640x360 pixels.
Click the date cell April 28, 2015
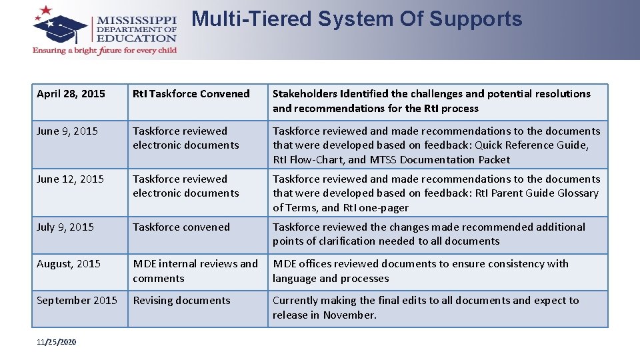point(71,94)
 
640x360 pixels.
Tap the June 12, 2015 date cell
point(70,179)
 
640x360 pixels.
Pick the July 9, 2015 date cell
point(65,227)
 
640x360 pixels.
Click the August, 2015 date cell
point(69,264)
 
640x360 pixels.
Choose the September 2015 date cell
point(77,301)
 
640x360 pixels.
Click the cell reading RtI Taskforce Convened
point(191,94)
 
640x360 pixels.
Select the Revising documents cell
point(181,301)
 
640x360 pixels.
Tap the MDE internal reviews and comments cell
point(195,271)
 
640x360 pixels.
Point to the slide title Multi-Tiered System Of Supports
point(357,19)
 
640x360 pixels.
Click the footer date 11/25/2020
point(56,342)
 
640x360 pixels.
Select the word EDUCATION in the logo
point(137,38)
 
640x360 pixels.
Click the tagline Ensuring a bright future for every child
point(105,51)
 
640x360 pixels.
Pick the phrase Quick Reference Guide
point(531,145)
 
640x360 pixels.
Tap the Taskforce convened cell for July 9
point(181,227)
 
